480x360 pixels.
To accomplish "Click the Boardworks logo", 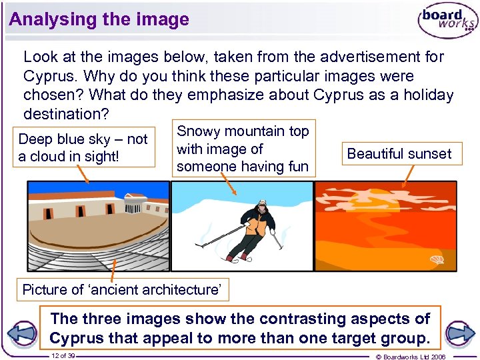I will (447, 22).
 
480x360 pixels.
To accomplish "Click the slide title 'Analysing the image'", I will (99, 19).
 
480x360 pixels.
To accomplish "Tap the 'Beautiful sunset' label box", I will (399, 154).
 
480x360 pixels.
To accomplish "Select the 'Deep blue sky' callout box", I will (83, 147).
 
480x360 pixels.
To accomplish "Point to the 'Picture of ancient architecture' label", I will (121, 290).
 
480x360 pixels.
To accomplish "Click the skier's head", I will (261, 204).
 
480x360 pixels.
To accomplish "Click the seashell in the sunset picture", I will (437, 260).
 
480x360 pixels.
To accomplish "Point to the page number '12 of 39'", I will (63, 355).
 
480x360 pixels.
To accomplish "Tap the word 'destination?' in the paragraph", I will (66, 114).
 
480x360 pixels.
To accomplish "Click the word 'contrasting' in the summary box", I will (303, 319).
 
